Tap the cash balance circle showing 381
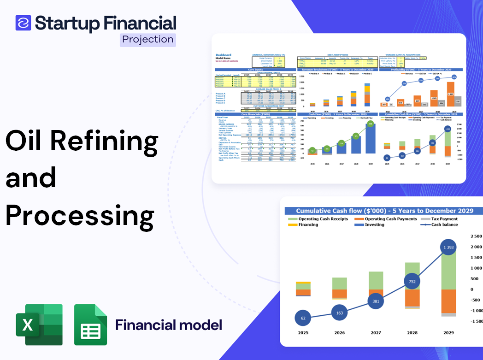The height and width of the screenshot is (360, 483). [x=376, y=301]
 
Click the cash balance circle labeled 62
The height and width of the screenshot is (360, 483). [x=303, y=318]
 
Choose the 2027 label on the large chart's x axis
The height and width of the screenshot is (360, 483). [x=376, y=333]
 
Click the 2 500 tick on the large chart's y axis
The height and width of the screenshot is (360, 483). [x=476, y=236]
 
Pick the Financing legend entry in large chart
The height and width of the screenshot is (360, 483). [x=308, y=225]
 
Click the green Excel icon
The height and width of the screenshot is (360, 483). [x=39, y=325]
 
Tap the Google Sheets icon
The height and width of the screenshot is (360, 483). [x=91, y=325]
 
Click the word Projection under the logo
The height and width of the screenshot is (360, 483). [x=148, y=40]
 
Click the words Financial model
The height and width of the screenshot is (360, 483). [x=169, y=325]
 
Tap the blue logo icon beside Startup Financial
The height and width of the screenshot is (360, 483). [x=23, y=23]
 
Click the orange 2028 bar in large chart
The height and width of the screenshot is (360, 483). [x=412, y=297]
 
